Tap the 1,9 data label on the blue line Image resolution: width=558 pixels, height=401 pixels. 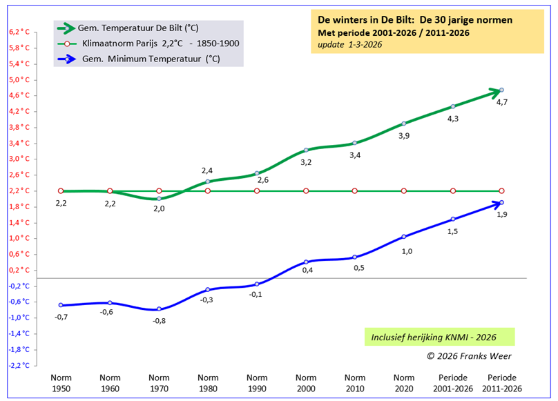click(502, 215)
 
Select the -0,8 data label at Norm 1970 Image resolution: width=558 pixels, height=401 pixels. click(159, 321)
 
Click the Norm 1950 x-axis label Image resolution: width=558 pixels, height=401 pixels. click(61, 383)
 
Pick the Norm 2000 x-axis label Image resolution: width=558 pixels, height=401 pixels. click(306, 383)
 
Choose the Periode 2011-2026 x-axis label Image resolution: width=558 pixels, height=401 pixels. click(502, 383)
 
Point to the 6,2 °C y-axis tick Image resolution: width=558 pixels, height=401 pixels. click(19, 32)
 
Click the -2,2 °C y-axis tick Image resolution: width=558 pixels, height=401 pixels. click(19, 365)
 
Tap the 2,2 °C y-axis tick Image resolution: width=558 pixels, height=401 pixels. click(19, 190)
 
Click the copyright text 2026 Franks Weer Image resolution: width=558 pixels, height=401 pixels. click(470, 356)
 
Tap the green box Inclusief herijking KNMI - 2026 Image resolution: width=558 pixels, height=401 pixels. click(439, 338)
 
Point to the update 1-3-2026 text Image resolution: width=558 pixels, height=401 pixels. click(349, 44)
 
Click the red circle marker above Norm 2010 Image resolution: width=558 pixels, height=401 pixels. click(355, 190)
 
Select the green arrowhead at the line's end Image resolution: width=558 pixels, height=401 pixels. click(494, 91)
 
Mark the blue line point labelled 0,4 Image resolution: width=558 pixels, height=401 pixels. click(306, 262)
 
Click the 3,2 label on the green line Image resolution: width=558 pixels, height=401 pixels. click(306, 162)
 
